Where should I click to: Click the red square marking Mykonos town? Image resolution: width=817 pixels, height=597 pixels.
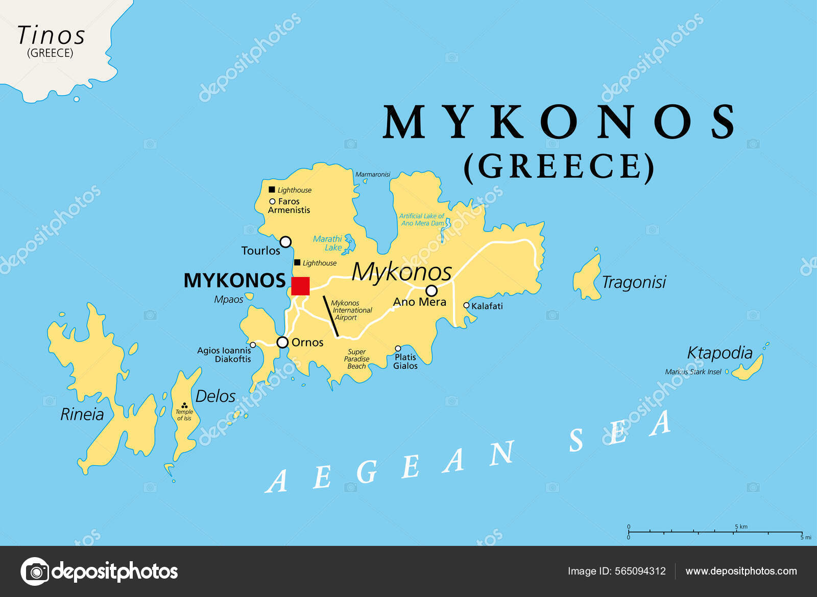[300, 286]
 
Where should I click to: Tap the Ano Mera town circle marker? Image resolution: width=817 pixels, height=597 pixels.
[431, 291]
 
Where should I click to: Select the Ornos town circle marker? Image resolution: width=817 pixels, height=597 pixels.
[282, 342]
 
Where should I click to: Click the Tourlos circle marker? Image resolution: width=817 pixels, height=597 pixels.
[285, 242]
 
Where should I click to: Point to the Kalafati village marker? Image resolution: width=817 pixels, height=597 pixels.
[466, 305]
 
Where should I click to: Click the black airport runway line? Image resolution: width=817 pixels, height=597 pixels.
[331, 316]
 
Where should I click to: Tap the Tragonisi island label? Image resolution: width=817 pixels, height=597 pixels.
[634, 282]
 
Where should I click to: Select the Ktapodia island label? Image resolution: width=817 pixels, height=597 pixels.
[719, 353]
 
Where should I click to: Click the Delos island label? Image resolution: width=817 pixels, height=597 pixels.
[215, 396]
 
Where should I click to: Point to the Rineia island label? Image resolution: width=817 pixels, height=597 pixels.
[82, 415]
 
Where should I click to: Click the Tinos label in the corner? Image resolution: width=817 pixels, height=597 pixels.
[51, 36]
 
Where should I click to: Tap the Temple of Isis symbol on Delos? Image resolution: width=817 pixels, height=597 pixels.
[184, 405]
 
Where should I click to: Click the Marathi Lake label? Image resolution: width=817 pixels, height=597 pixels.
[328, 243]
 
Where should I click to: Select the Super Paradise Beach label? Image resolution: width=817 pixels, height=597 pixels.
[356, 359]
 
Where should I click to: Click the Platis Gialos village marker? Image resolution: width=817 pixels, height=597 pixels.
[398, 349]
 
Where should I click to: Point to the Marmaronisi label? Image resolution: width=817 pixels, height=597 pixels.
[373, 174]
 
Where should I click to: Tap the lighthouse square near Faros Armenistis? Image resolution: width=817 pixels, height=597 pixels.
[272, 190]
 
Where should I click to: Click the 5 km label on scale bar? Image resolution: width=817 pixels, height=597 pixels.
[741, 526]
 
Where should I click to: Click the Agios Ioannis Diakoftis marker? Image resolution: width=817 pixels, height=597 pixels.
[253, 345]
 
